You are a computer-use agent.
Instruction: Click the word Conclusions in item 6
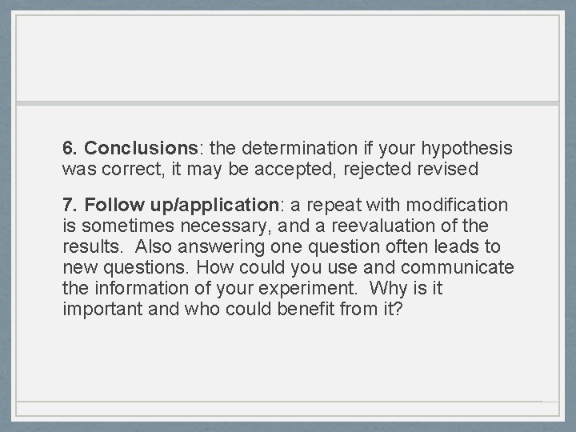(x=141, y=149)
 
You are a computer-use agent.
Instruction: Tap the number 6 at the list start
(x=68, y=149)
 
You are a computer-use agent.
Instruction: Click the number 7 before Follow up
(x=68, y=206)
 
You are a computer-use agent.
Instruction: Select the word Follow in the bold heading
(x=106, y=206)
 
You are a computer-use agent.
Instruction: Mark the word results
(x=87, y=247)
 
